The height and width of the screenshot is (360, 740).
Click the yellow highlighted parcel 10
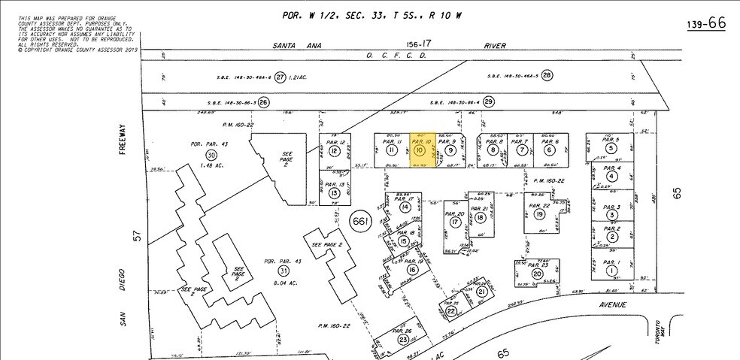tap(420, 150)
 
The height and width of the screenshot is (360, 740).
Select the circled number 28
tap(547, 75)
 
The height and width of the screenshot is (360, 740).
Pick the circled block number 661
tap(361, 221)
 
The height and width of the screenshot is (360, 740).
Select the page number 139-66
tap(705, 24)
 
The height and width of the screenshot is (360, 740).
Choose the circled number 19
tap(539, 214)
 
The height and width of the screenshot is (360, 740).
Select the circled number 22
tap(450, 311)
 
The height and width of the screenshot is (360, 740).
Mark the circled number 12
tap(335, 151)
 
